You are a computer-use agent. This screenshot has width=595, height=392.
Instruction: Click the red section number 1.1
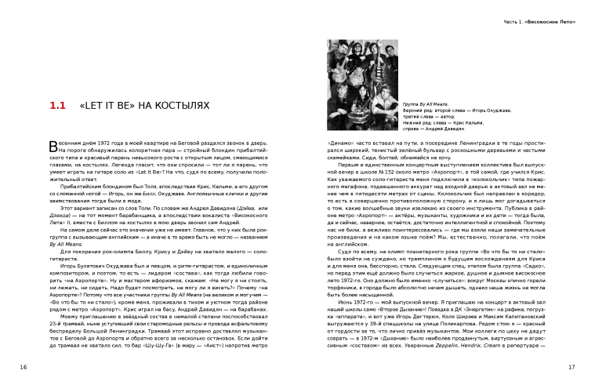tap(57, 104)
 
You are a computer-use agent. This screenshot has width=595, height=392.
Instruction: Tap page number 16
tap(24, 366)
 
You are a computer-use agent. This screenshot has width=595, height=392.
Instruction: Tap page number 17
tap(571, 366)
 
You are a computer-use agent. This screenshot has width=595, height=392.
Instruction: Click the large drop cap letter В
tap(53, 147)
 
